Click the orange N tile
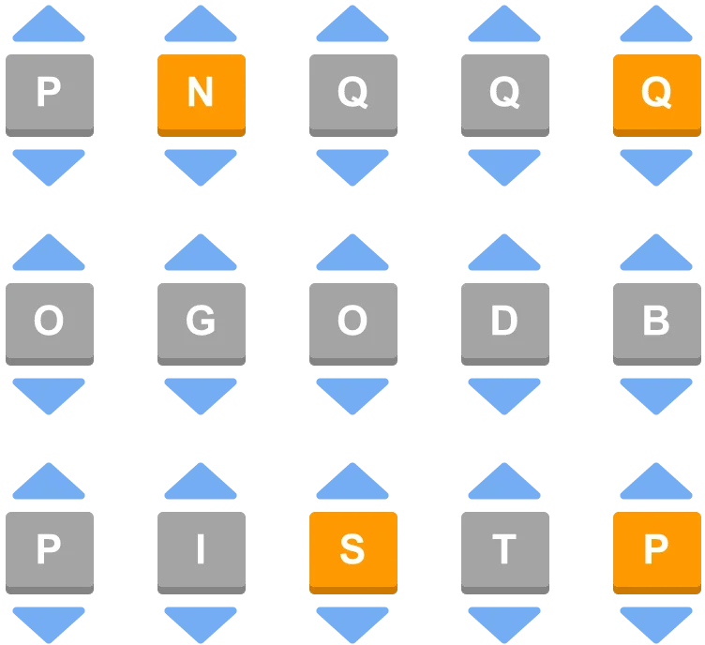[202, 96]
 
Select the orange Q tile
[657, 96]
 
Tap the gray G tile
[202, 324]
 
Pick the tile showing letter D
[505, 324]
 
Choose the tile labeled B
[657, 324]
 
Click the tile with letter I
[202, 553]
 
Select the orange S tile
[353, 553]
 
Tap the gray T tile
[505, 553]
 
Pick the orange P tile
[657, 553]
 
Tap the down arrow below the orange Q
[656, 165]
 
